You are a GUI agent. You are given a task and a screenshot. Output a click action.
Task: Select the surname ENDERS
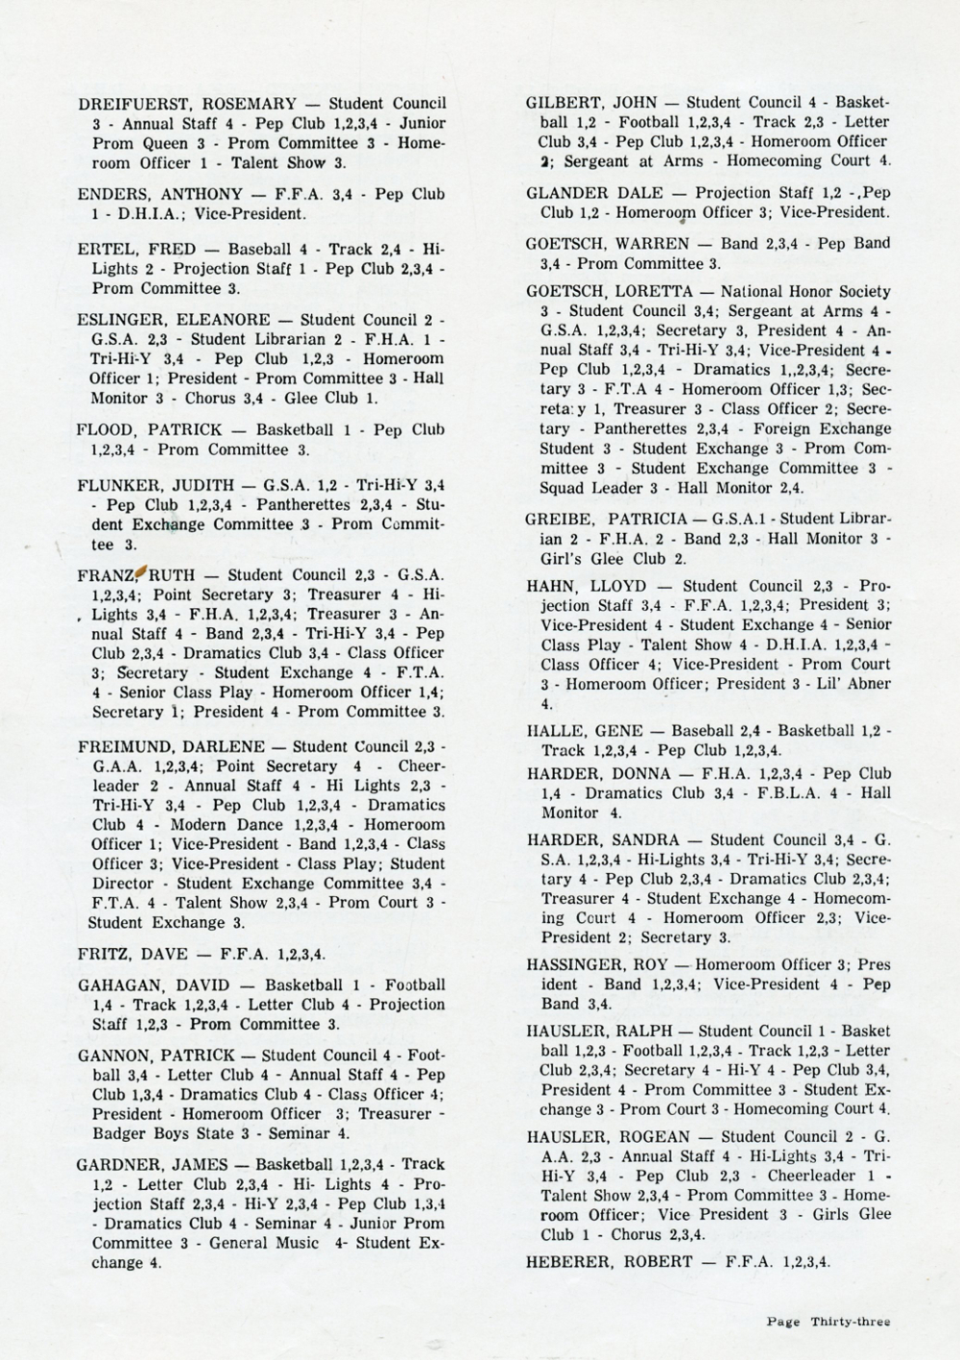pyautogui.click(x=112, y=194)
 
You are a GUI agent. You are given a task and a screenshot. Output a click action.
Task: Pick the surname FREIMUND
pyautogui.click(x=122, y=746)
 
